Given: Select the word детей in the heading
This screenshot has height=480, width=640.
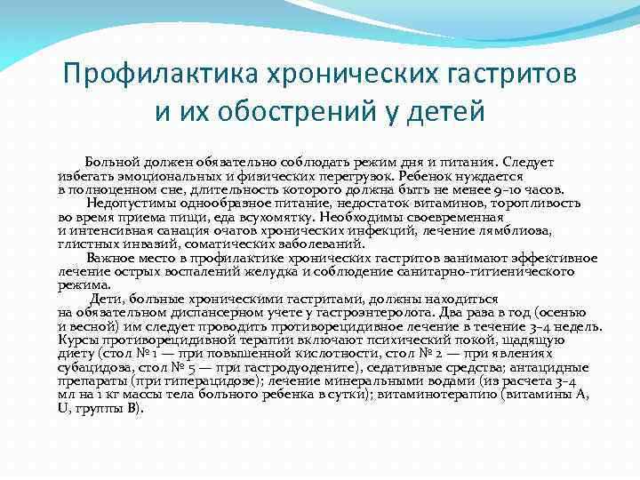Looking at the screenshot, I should click(440, 112).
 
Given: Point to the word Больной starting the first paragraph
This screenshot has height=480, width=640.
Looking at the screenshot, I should click(113, 163).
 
